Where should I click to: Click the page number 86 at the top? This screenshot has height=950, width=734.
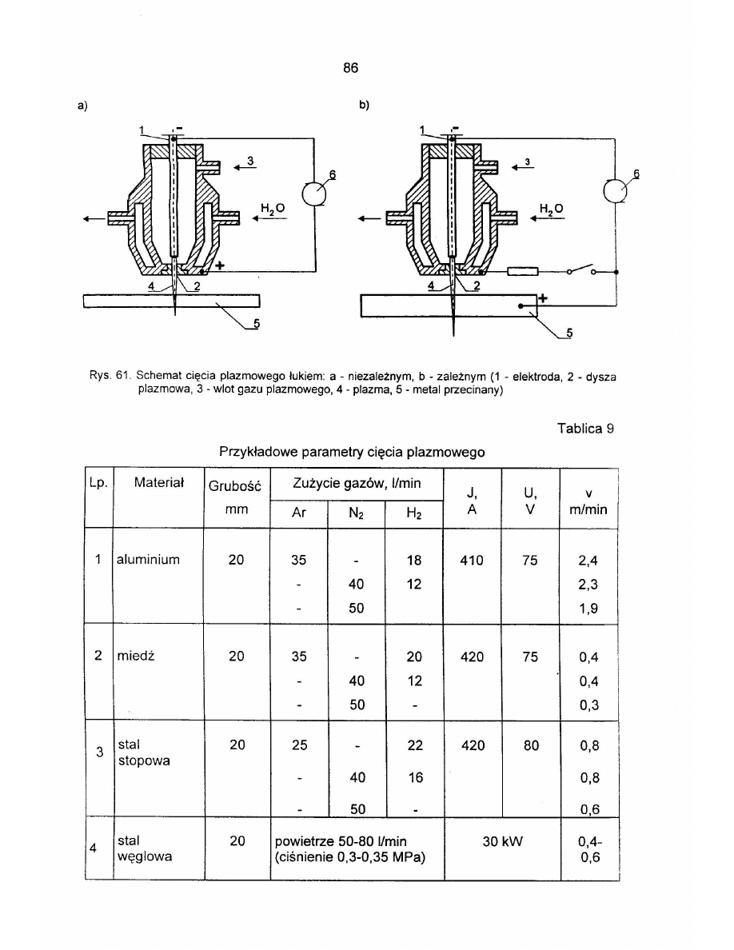point(351,68)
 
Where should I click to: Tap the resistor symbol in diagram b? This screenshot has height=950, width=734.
point(524,271)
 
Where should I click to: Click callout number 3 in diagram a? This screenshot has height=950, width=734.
point(250,161)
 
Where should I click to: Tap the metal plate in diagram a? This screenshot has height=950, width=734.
point(173,301)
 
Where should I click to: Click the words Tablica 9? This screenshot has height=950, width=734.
point(585,428)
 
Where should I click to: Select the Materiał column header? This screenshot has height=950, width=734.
point(159,482)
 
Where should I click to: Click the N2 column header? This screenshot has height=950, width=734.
point(356,514)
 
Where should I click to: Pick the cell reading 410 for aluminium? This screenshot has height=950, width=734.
point(472,560)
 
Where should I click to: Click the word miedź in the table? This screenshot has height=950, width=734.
point(134,657)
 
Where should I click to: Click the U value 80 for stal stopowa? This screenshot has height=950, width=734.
point(530,745)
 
